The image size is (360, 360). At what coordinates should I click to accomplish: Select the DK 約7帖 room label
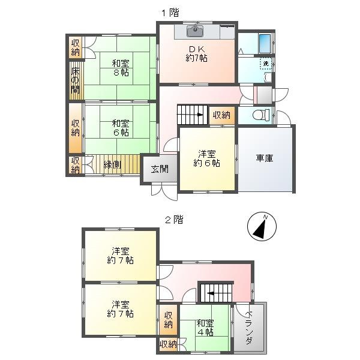pyautogui.click(x=196, y=53)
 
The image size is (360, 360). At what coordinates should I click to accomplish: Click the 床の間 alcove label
pyautogui.click(x=76, y=80)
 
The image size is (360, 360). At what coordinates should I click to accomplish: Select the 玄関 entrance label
pyautogui.click(x=159, y=169)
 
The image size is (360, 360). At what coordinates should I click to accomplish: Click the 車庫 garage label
pyautogui.click(x=265, y=158)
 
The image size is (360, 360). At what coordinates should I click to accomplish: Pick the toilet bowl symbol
pyautogui.click(x=259, y=115)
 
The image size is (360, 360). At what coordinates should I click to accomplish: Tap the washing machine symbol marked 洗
pyautogui.click(x=265, y=62)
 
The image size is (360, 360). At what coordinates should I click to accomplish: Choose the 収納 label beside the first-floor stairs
pyautogui.click(x=221, y=115)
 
